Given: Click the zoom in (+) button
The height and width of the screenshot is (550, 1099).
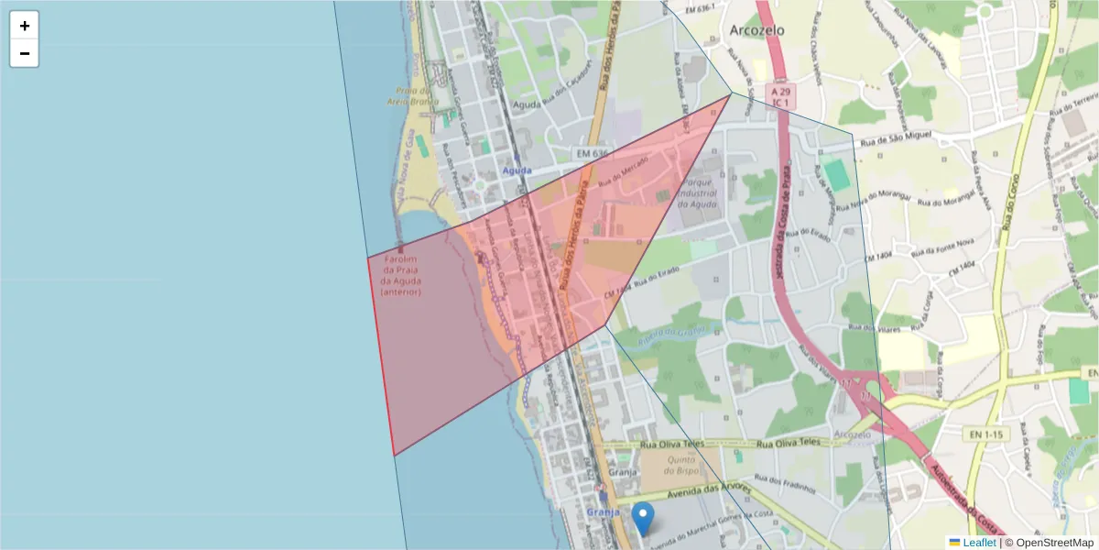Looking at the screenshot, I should click(x=24, y=26).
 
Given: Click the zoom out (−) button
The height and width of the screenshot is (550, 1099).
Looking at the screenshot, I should click(x=24, y=53).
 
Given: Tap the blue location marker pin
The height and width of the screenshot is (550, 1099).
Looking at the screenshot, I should click(x=644, y=518).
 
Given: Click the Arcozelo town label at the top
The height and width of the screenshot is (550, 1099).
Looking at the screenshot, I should click(x=757, y=29).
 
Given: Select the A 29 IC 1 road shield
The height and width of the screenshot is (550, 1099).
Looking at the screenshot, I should click(x=780, y=97).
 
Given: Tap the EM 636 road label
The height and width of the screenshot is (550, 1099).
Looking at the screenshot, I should click(x=593, y=153).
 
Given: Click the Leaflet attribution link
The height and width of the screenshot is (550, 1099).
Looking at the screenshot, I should click(x=979, y=543).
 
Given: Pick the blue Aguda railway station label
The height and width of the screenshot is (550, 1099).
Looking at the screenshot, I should click(x=516, y=171).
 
